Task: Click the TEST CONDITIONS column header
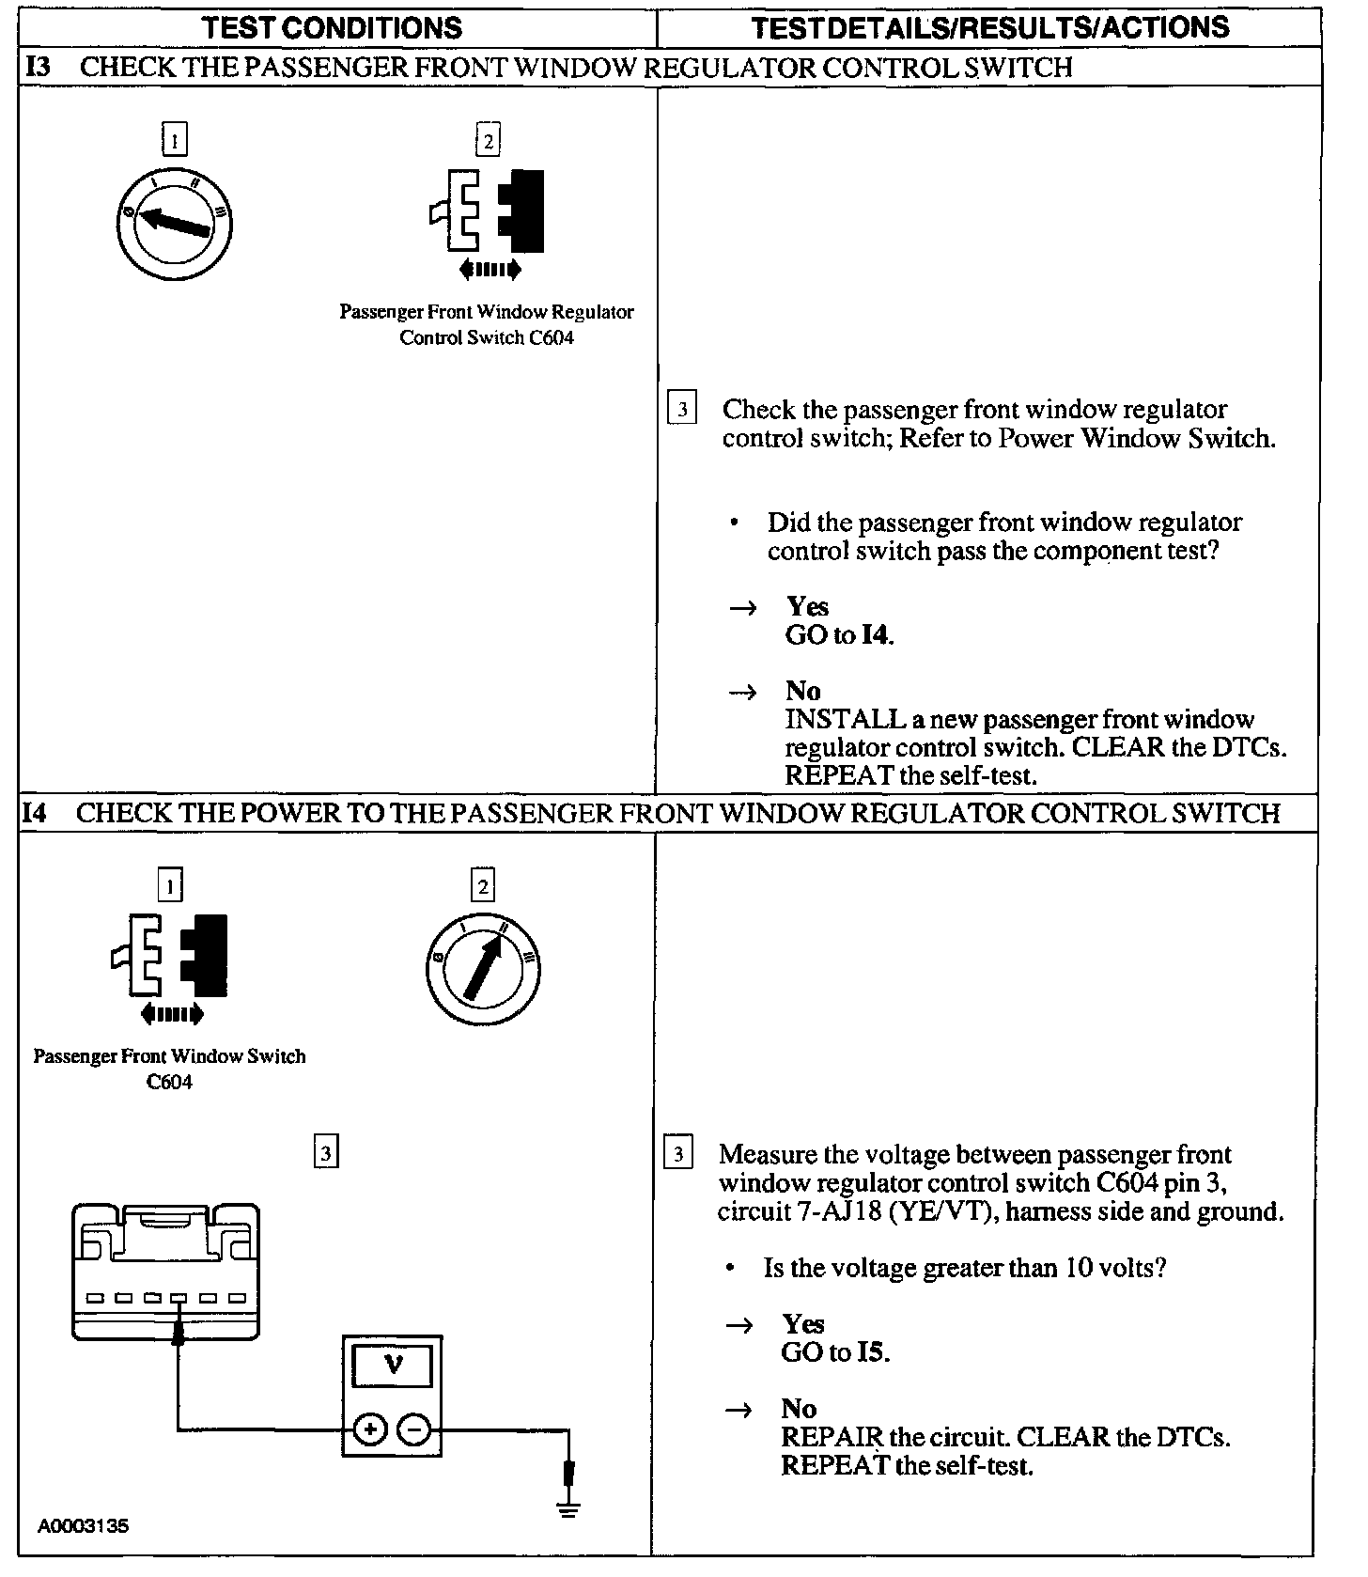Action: [x=333, y=27]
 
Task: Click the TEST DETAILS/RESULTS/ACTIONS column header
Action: [x=991, y=27]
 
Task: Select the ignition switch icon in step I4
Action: [x=483, y=969]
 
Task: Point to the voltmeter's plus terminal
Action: [x=370, y=1430]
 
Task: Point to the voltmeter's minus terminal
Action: [x=414, y=1430]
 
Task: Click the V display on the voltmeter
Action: [x=394, y=1366]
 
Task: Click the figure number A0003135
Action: [x=84, y=1526]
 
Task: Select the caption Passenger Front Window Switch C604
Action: [x=170, y=1069]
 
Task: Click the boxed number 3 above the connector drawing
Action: [x=325, y=1152]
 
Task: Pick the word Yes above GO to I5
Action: [x=803, y=1324]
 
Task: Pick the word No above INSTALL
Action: [x=803, y=691]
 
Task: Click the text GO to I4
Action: [x=839, y=635]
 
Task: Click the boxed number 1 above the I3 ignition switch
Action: [x=175, y=140]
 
